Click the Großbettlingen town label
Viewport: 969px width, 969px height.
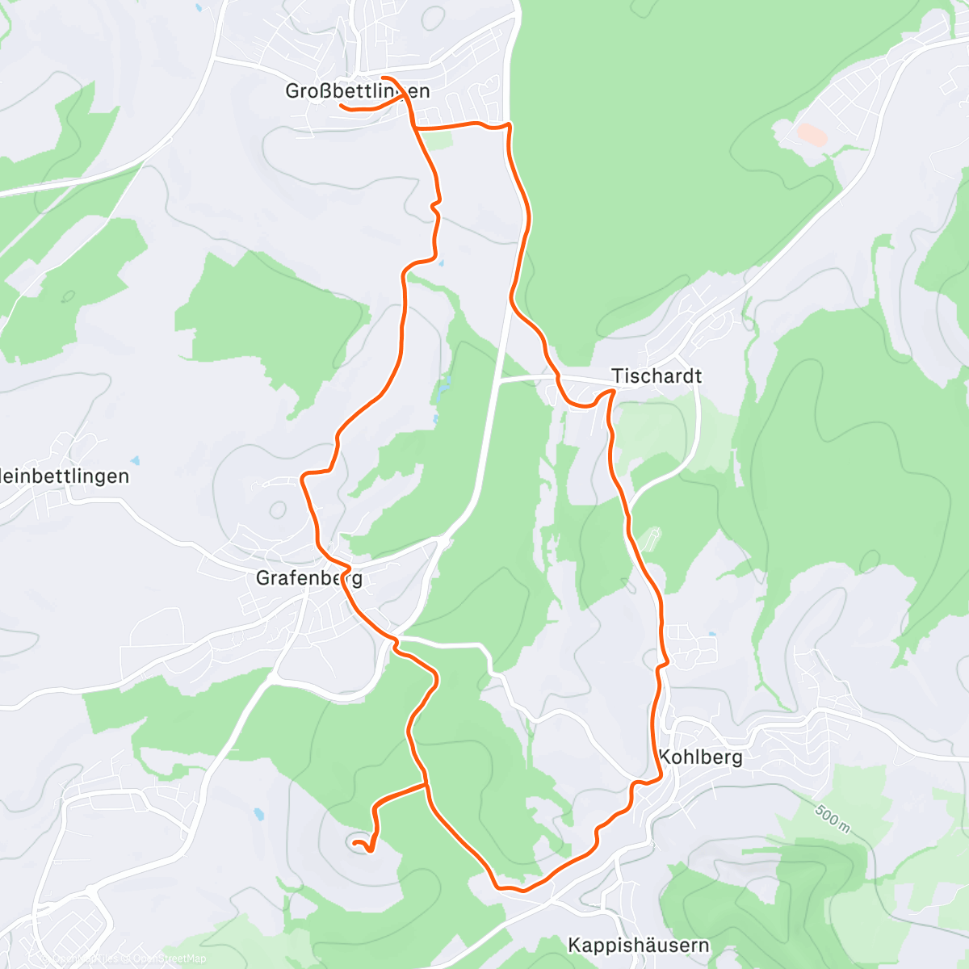pyautogui.click(x=357, y=91)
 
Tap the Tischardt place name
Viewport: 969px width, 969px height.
pyautogui.click(x=656, y=376)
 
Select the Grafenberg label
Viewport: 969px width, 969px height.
pyautogui.click(x=308, y=578)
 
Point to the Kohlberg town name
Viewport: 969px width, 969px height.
pyautogui.click(x=700, y=757)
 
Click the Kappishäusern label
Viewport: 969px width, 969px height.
pyautogui.click(x=638, y=946)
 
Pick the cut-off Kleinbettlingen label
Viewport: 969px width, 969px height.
pyautogui.click(x=65, y=476)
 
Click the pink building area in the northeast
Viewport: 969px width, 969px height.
pyautogui.click(x=812, y=134)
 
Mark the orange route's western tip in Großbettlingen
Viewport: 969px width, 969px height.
pyautogui.click(x=340, y=106)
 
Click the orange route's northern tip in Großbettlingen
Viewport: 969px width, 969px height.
pyautogui.click(x=382, y=78)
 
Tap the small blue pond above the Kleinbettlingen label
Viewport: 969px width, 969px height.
pyautogui.click(x=136, y=461)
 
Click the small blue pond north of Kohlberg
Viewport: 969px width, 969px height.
pyautogui.click(x=711, y=635)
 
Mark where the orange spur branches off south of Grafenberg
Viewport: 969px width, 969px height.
pyautogui.click(x=426, y=784)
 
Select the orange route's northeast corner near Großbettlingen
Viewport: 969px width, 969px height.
pyautogui.click(x=509, y=125)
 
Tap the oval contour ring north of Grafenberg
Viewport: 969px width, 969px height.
pyautogui.click(x=279, y=510)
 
